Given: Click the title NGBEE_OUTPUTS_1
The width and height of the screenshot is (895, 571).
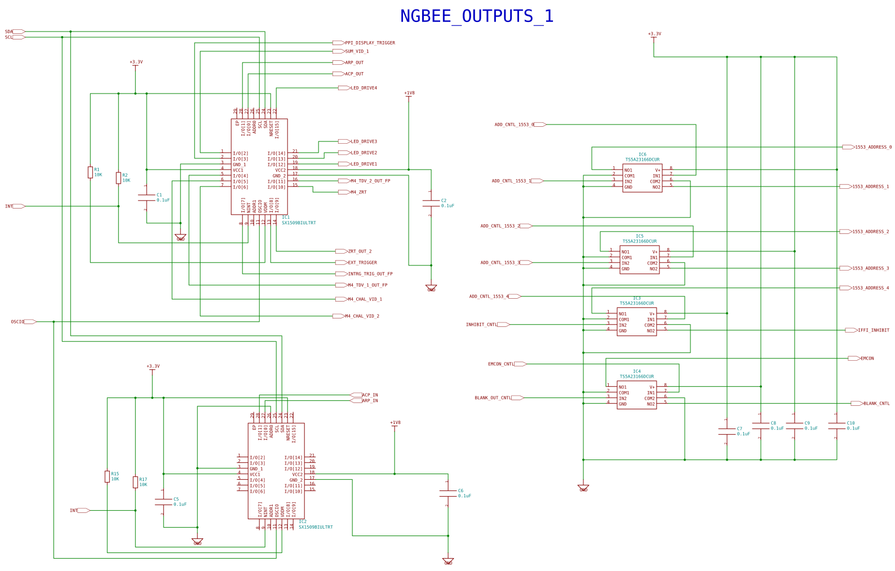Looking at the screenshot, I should click(x=476, y=16).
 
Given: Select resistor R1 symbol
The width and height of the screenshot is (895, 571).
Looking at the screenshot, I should click(x=90, y=172).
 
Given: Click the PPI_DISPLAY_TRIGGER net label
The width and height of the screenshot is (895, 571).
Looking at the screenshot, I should click(x=370, y=43).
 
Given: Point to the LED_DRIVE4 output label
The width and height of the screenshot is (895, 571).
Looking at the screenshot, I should click(x=364, y=88).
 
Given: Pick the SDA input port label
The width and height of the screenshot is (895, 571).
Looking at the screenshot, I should click(x=9, y=32).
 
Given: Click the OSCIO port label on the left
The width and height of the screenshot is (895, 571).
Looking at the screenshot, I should click(x=17, y=322).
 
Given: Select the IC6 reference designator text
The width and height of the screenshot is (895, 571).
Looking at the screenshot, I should click(x=642, y=154).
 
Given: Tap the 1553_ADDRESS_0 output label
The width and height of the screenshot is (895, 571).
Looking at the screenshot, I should click(x=873, y=147).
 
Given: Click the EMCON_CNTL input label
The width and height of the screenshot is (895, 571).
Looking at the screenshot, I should click(x=500, y=364).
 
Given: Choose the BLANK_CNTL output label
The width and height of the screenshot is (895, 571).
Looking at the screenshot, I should click(x=876, y=404).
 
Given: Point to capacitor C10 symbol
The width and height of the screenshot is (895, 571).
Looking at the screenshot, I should click(x=836, y=426).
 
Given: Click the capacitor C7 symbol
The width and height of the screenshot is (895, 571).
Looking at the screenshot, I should click(x=727, y=431).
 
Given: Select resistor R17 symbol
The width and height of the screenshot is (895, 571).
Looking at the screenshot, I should click(x=135, y=482).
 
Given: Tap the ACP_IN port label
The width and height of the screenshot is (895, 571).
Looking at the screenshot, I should click(x=370, y=395).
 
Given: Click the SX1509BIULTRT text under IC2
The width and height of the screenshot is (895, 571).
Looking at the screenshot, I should click(x=316, y=527).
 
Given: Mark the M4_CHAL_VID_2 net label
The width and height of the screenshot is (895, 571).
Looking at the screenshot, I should click(x=362, y=316).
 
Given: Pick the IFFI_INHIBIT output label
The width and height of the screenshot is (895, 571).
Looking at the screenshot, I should click(x=873, y=330).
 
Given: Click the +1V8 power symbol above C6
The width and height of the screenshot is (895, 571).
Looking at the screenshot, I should click(x=395, y=423).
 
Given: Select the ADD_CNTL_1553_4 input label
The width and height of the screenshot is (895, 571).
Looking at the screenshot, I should click(x=489, y=296).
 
